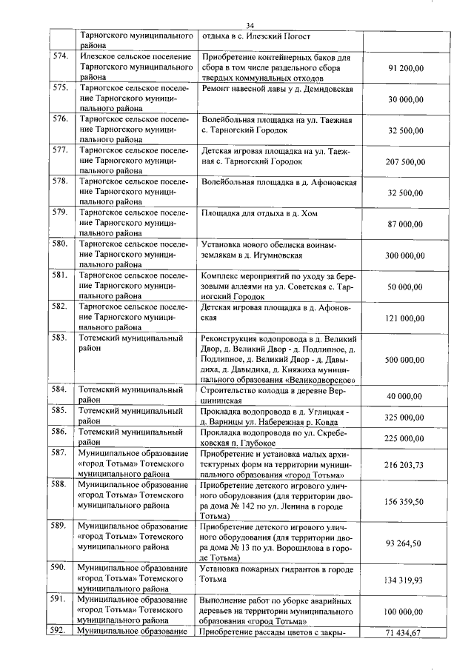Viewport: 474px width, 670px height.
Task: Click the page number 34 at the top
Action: click(250, 27)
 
